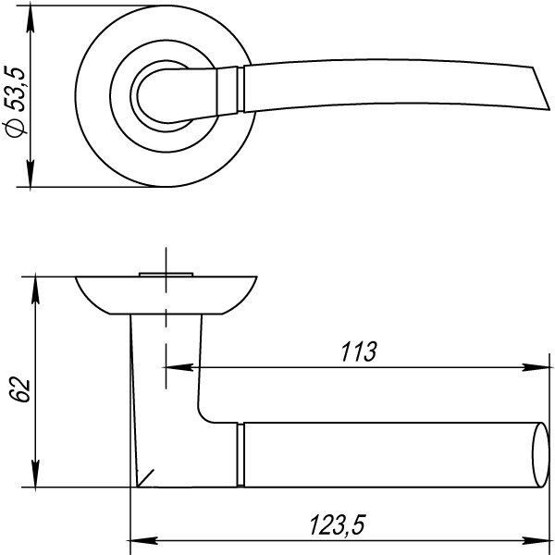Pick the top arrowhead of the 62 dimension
pos(35,286)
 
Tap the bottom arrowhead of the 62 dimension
pos(35,475)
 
